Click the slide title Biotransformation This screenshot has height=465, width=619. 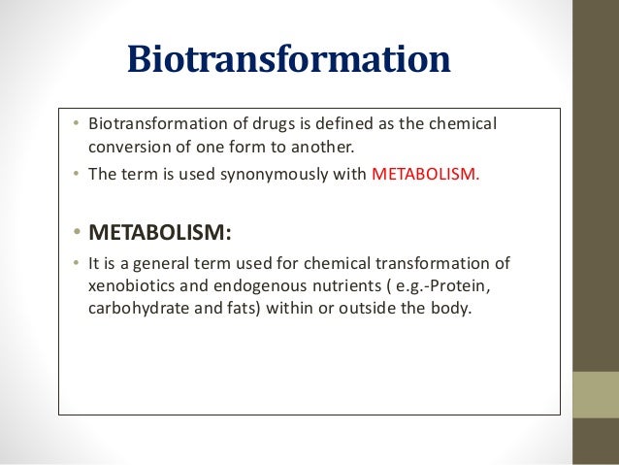289,60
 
